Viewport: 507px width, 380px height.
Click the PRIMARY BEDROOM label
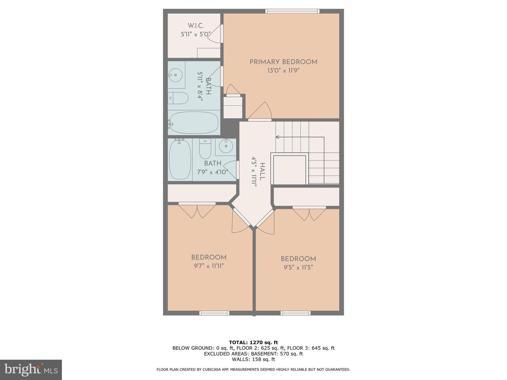pyautogui.click(x=283, y=62)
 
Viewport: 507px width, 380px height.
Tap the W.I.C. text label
pyautogui.click(x=196, y=26)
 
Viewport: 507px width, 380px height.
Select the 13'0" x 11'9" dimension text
pyautogui.click(x=283, y=70)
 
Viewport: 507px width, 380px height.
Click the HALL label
pyautogui.click(x=262, y=171)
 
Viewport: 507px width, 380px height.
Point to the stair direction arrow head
pyautogui.click(x=277, y=137)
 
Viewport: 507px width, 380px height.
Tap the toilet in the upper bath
pyautogui.click(x=178, y=98)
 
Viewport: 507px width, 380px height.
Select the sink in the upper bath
pyautogui.click(x=175, y=75)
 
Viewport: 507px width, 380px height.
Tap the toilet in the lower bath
pyautogui.click(x=205, y=150)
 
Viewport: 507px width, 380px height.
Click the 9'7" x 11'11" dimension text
pyautogui.click(x=209, y=266)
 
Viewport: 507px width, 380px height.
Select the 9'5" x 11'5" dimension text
pyautogui.click(x=298, y=267)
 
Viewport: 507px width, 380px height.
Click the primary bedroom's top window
pyautogui.click(x=293, y=11)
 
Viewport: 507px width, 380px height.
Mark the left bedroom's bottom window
pyautogui.click(x=214, y=313)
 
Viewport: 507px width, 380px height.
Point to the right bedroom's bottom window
pyautogui.click(x=295, y=313)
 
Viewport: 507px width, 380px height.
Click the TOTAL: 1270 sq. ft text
pyautogui.click(x=253, y=342)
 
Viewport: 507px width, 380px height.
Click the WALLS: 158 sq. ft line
pyautogui.click(x=253, y=359)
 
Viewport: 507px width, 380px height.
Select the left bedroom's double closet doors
pyautogui.click(x=197, y=210)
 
